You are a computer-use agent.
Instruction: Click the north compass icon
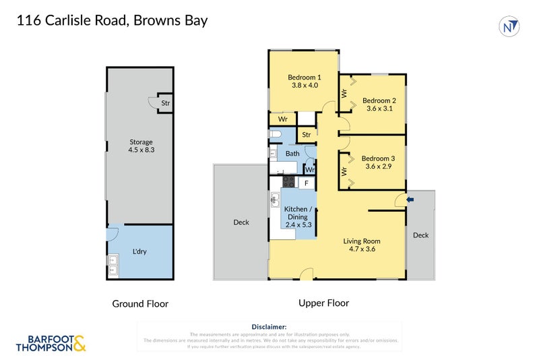coord(511,26)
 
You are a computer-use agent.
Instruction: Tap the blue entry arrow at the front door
coord(410,199)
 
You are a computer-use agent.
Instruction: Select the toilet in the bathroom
coord(274,136)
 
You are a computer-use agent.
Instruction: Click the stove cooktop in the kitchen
coord(288,182)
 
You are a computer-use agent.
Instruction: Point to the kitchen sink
coord(276,200)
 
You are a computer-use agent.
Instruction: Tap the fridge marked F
coord(307,183)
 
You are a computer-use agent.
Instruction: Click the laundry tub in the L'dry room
coord(113,266)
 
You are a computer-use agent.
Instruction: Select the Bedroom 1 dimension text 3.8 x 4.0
coord(304,85)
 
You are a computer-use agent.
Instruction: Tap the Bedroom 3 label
coord(378,158)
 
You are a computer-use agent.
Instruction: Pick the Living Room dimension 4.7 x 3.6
coord(362,249)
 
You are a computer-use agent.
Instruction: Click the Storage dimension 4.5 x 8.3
coord(141,150)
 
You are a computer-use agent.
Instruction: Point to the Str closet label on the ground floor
coord(165,103)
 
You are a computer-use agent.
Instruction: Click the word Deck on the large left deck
coord(241,222)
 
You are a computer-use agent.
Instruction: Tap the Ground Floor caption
coord(140,304)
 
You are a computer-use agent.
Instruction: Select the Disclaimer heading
coord(269,326)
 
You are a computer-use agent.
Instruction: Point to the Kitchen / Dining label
coord(296,213)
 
